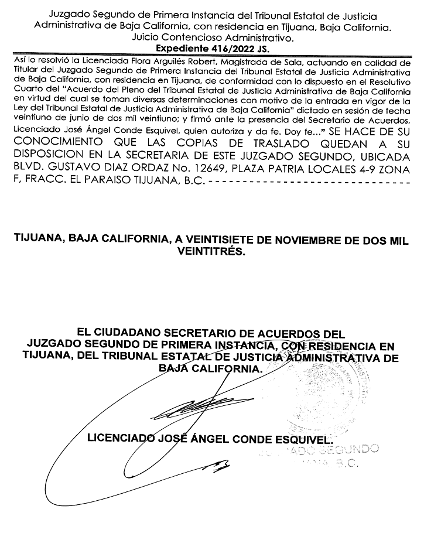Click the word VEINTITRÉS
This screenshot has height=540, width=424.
pyautogui.click(x=211, y=252)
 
